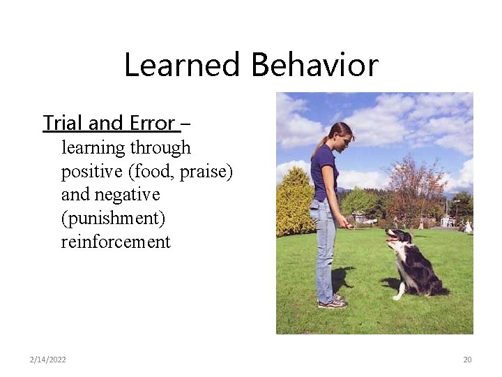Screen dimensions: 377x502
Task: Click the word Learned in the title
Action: click(x=184, y=66)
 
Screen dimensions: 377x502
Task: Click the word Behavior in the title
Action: click(x=314, y=66)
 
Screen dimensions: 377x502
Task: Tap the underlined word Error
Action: click(x=152, y=124)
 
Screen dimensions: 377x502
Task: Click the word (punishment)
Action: click(x=113, y=218)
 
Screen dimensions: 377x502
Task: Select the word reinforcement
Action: click(x=116, y=242)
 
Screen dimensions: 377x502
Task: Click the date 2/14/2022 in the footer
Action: click(x=48, y=360)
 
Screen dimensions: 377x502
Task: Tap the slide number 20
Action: click(x=467, y=360)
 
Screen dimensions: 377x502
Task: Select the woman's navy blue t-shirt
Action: click(x=324, y=175)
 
